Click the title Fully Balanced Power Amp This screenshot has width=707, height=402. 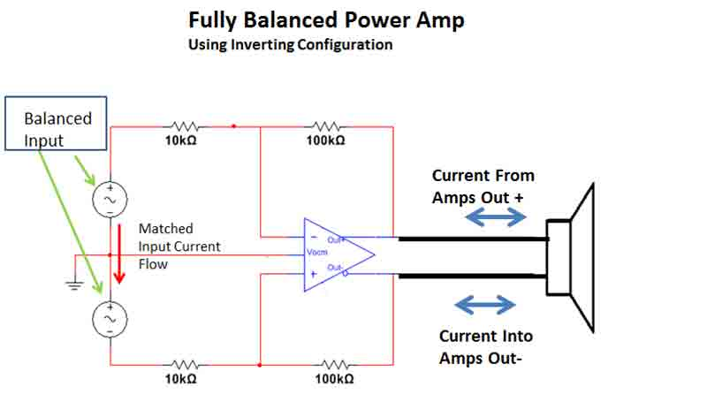pyautogui.click(x=325, y=20)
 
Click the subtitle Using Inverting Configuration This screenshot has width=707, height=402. pyautogui.click(x=290, y=44)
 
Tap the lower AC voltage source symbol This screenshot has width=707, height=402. pyautogui.click(x=110, y=317)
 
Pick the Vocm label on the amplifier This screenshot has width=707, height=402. pyautogui.click(x=317, y=253)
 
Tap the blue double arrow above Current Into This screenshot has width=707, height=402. pyautogui.click(x=484, y=305)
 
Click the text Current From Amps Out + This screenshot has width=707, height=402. pyautogui.click(x=483, y=186)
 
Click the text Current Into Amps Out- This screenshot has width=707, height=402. pyautogui.click(x=486, y=346)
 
